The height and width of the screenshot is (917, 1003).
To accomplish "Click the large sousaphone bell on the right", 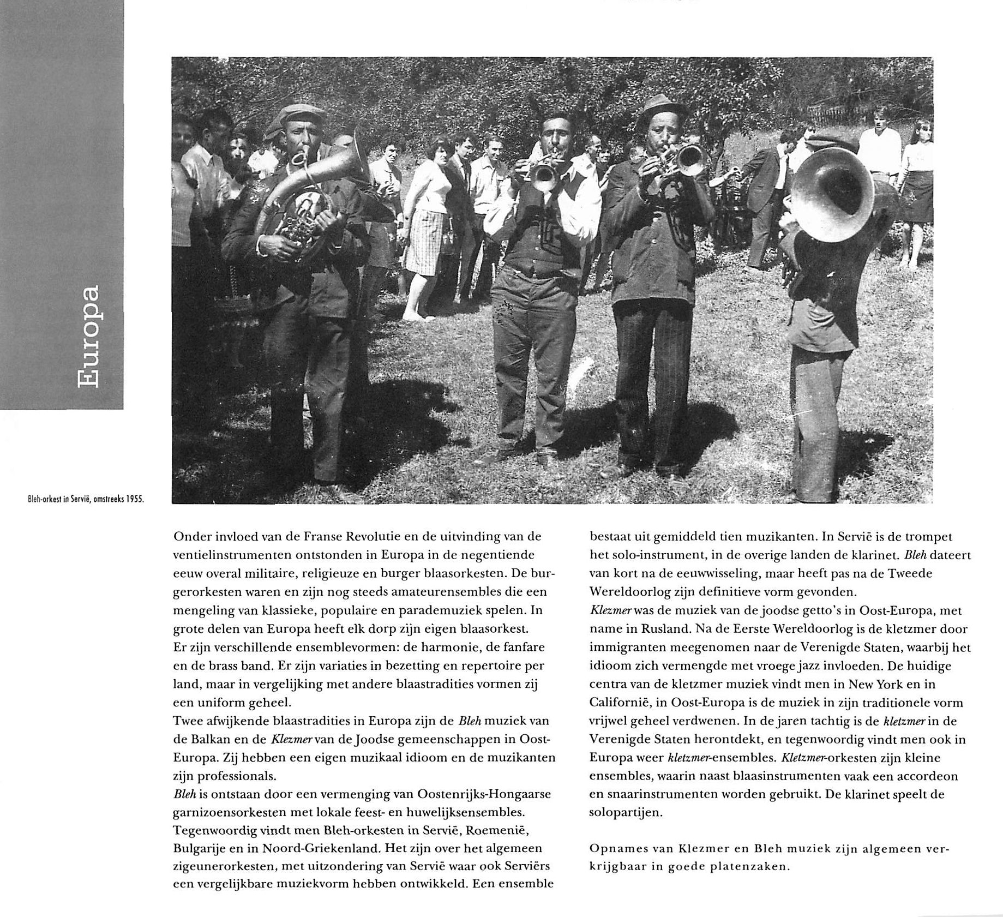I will [832, 194].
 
